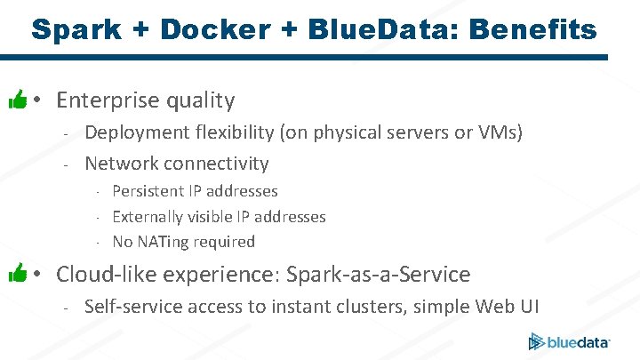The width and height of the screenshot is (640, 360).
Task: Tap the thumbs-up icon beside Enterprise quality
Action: (x=17, y=100)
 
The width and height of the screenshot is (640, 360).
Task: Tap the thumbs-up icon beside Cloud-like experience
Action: (x=17, y=275)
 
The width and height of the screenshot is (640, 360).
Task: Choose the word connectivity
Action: (x=214, y=164)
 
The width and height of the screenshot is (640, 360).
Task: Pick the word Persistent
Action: (x=148, y=191)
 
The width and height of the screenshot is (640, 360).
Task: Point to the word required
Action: (x=226, y=242)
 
